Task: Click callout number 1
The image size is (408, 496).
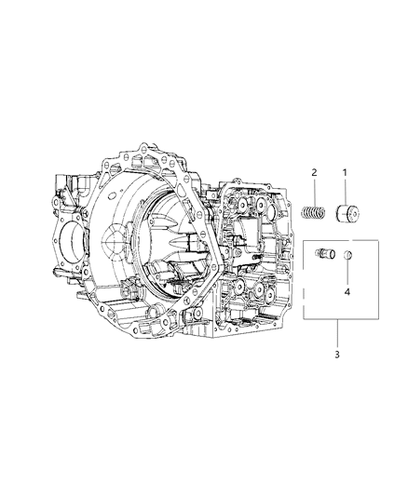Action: tap(345, 173)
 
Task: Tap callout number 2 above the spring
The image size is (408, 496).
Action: tap(314, 173)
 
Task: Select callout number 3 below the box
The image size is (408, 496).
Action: tap(337, 355)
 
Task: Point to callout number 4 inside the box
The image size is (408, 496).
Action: tap(347, 292)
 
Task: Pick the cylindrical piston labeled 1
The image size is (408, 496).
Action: tap(347, 213)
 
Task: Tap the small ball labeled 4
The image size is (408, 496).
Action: tap(348, 254)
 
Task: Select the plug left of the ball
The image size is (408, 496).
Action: tap(325, 253)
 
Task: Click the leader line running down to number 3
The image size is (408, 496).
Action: tap(337, 334)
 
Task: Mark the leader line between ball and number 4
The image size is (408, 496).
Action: tap(347, 272)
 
